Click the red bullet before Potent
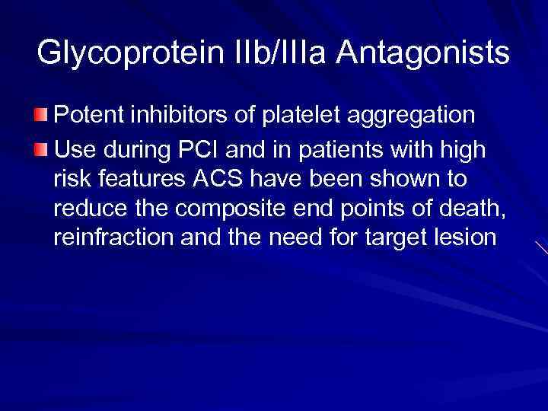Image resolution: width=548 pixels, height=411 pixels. pos(43,115)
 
